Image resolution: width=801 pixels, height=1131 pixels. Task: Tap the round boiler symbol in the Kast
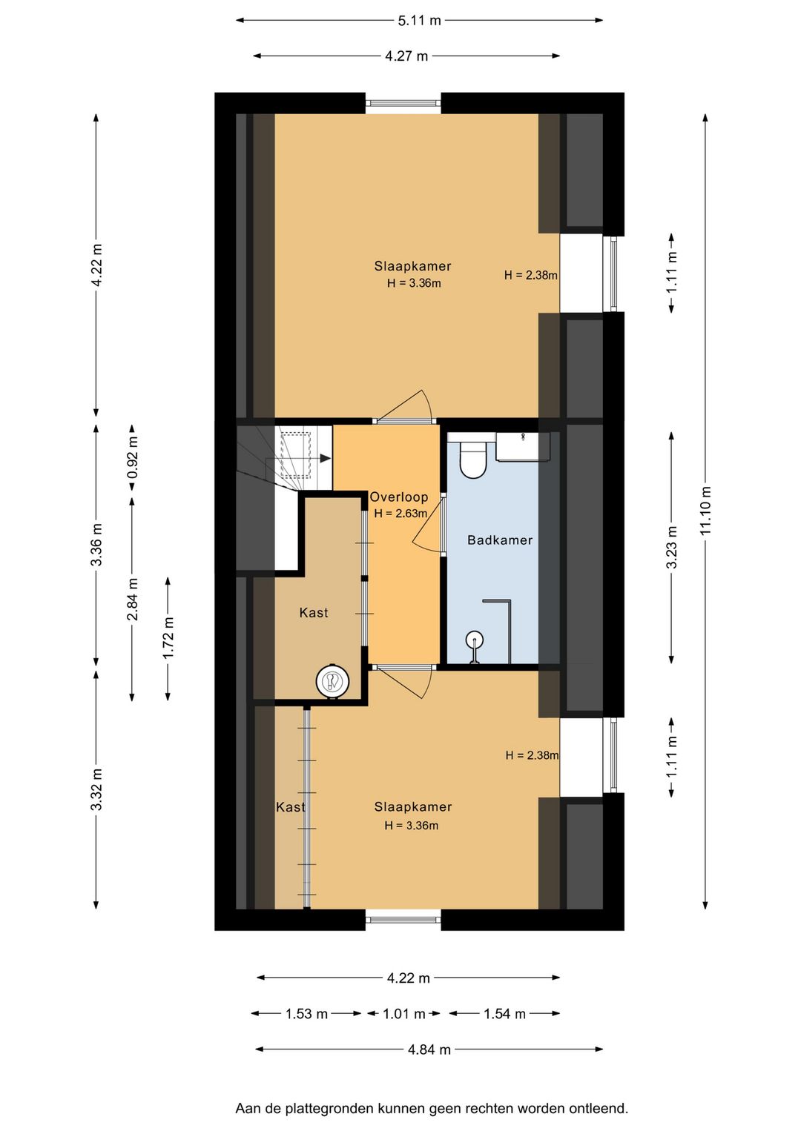click(332, 681)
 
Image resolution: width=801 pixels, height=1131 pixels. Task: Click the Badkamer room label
click(499, 540)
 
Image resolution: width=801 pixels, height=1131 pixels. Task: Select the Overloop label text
click(399, 497)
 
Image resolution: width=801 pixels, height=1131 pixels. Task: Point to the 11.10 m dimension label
click(705, 511)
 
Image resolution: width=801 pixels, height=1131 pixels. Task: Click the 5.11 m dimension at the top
click(420, 21)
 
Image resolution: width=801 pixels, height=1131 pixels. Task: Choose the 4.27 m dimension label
click(406, 56)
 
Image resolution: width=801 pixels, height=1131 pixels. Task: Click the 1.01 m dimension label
click(403, 1013)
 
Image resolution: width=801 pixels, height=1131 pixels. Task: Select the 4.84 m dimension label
click(429, 1049)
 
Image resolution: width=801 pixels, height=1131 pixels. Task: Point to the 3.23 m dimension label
click(671, 547)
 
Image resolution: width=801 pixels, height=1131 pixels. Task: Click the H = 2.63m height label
click(400, 514)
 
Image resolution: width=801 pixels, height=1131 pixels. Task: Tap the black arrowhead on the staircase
click(326, 459)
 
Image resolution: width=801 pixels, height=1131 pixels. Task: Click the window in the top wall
click(403, 103)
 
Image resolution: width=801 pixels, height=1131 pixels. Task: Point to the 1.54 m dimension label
click(504, 1013)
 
